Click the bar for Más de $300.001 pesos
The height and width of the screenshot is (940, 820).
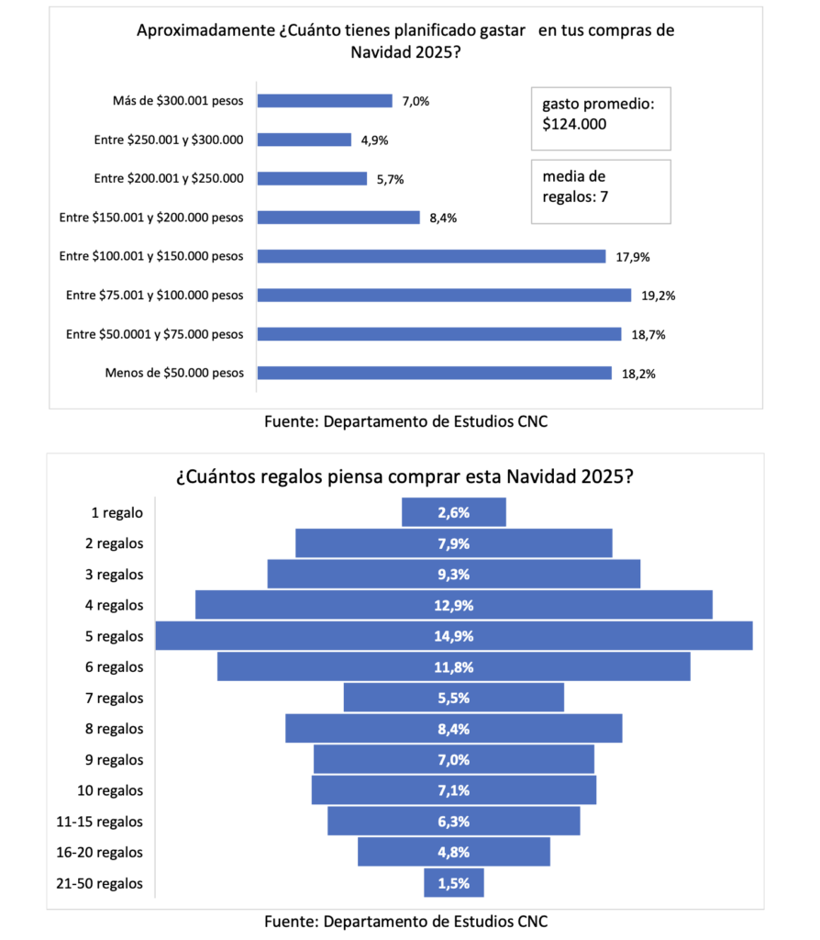tap(325, 101)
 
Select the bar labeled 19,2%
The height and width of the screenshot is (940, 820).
tap(444, 295)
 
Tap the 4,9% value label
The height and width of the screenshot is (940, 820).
tap(372, 140)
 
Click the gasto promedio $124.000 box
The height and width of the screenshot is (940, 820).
tap(601, 116)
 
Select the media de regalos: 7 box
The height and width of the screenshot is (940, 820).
tap(601, 191)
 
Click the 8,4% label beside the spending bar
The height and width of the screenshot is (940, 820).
tap(443, 218)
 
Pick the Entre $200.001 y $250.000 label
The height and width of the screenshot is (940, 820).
tap(169, 178)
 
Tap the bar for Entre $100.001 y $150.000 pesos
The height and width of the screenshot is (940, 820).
tap(431, 256)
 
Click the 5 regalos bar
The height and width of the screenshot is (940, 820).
tap(453, 636)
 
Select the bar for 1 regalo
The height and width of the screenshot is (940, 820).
tap(453, 512)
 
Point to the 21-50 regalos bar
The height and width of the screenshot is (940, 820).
tap(453, 883)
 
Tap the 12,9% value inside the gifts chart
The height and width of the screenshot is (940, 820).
tap(453, 605)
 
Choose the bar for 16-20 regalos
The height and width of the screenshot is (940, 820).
tap(453, 852)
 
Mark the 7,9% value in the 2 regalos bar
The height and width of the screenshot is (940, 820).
tap(453, 543)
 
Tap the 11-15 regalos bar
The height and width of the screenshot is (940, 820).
tap(453, 822)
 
